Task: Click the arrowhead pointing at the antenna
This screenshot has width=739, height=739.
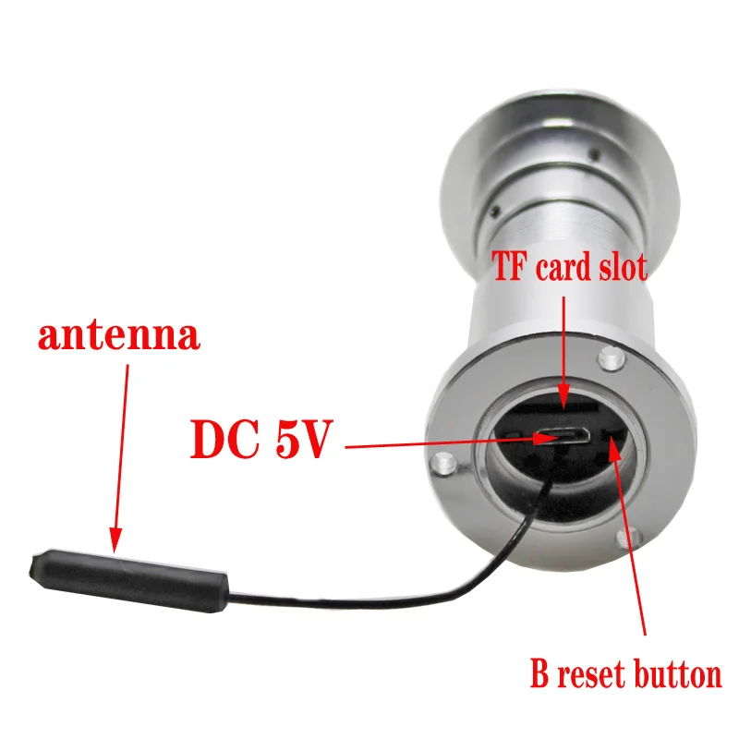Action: pyautogui.click(x=115, y=545)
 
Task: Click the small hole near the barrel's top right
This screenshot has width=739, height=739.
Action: pyautogui.click(x=592, y=155)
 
